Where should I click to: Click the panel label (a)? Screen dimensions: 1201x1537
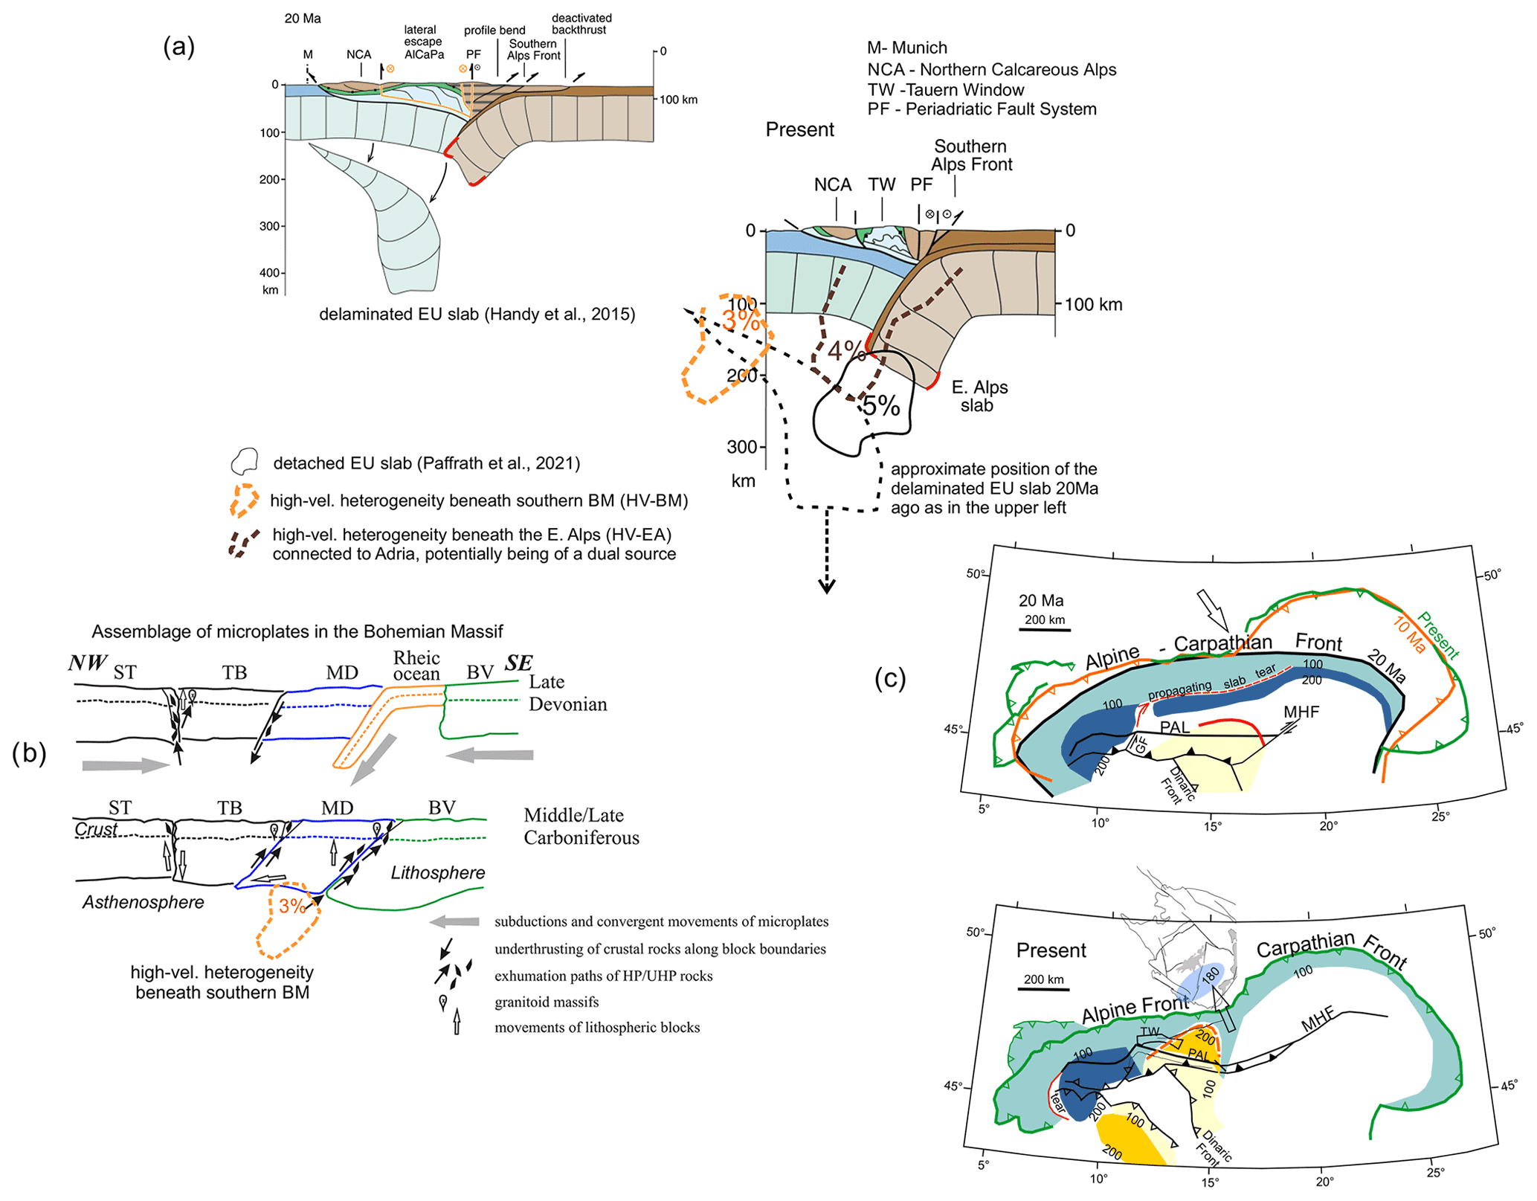pyautogui.click(x=178, y=47)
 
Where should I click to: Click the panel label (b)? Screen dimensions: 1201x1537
pyautogui.click(x=29, y=753)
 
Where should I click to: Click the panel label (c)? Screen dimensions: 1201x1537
pyautogui.click(x=890, y=677)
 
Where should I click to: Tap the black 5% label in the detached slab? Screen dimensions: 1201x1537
pyautogui.click(x=881, y=406)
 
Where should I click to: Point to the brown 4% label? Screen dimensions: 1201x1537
pyautogui.click(x=846, y=350)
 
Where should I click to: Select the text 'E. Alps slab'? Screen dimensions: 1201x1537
pyautogui.click(x=979, y=396)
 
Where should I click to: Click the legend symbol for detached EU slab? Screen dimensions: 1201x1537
pyautogui.click(x=244, y=462)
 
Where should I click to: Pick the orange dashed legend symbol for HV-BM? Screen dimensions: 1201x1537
pyautogui.click(x=244, y=500)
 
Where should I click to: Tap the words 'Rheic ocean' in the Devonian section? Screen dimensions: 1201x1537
pyautogui.click(x=416, y=666)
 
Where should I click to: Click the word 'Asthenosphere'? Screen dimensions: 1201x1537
pyautogui.click(x=143, y=902)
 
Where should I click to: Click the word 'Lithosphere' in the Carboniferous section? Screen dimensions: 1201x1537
pyautogui.click(x=438, y=872)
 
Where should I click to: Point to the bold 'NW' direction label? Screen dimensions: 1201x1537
pyautogui.click(x=88, y=663)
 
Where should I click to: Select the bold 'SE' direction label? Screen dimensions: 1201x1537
pyautogui.click(x=519, y=663)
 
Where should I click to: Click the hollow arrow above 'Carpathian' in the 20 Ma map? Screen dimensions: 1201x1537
pyautogui.click(x=1213, y=610)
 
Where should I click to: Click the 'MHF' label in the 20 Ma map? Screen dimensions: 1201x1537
pyautogui.click(x=1301, y=712)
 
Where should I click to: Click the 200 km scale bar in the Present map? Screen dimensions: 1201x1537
pyautogui.click(x=1043, y=989)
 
